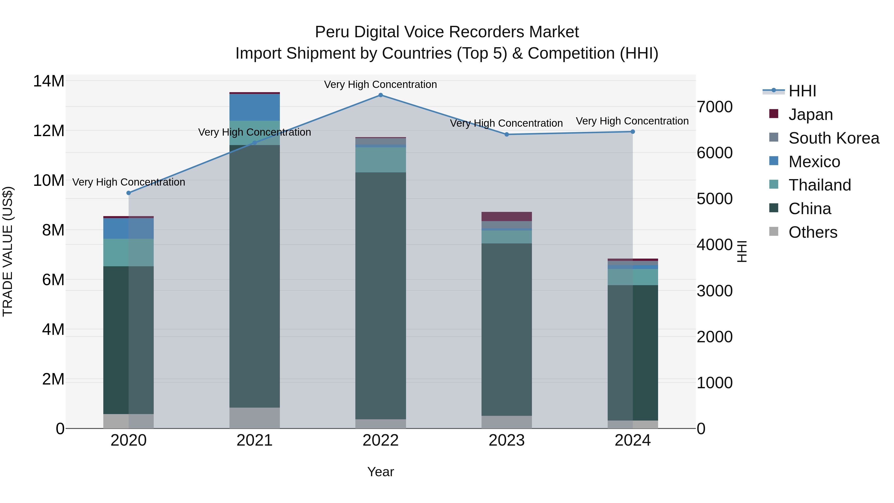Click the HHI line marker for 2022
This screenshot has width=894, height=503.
[380, 95]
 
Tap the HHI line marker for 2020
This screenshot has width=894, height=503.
[129, 193]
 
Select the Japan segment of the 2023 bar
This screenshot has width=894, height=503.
[506, 216]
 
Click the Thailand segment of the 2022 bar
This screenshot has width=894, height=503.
[380, 160]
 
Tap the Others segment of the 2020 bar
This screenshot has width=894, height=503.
[128, 421]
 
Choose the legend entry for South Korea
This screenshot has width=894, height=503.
[834, 138]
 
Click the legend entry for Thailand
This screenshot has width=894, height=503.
[819, 185]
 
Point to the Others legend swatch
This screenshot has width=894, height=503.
[774, 232]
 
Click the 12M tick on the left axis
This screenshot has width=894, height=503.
[49, 131]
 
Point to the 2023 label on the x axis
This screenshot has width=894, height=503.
[506, 440]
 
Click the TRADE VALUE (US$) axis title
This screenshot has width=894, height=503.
[8, 251]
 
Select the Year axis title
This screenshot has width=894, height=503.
[380, 472]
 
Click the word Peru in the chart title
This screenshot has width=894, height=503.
[330, 32]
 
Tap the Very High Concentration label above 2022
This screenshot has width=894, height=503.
[380, 84]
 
